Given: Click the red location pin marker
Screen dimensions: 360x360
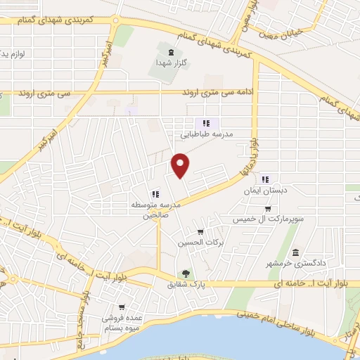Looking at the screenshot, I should [x=181, y=165].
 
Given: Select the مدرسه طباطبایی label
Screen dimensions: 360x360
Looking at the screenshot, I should [x=207, y=133].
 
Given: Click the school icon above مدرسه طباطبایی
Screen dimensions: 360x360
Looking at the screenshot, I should [x=206, y=122].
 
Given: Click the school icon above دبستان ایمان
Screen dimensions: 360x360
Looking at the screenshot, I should [x=265, y=179].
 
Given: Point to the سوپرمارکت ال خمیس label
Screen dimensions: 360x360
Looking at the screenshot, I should [x=269, y=219].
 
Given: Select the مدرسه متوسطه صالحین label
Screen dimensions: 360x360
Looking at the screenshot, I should [x=156, y=210].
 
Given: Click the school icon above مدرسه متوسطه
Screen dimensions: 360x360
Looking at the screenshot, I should [x=155, y=194].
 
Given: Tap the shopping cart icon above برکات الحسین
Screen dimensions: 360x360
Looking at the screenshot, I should [x=200, y=232].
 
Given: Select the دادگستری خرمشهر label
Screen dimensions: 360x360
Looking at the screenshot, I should [x=295, y=263].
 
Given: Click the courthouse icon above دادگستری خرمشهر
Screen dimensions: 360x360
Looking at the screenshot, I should [x=295, y=252].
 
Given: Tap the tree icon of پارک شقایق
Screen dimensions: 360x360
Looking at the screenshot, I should [x=186, y=274].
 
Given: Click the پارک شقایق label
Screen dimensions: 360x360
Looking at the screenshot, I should [x=184, y=285].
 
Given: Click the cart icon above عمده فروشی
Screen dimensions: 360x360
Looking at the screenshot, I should [x=122, y=307].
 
